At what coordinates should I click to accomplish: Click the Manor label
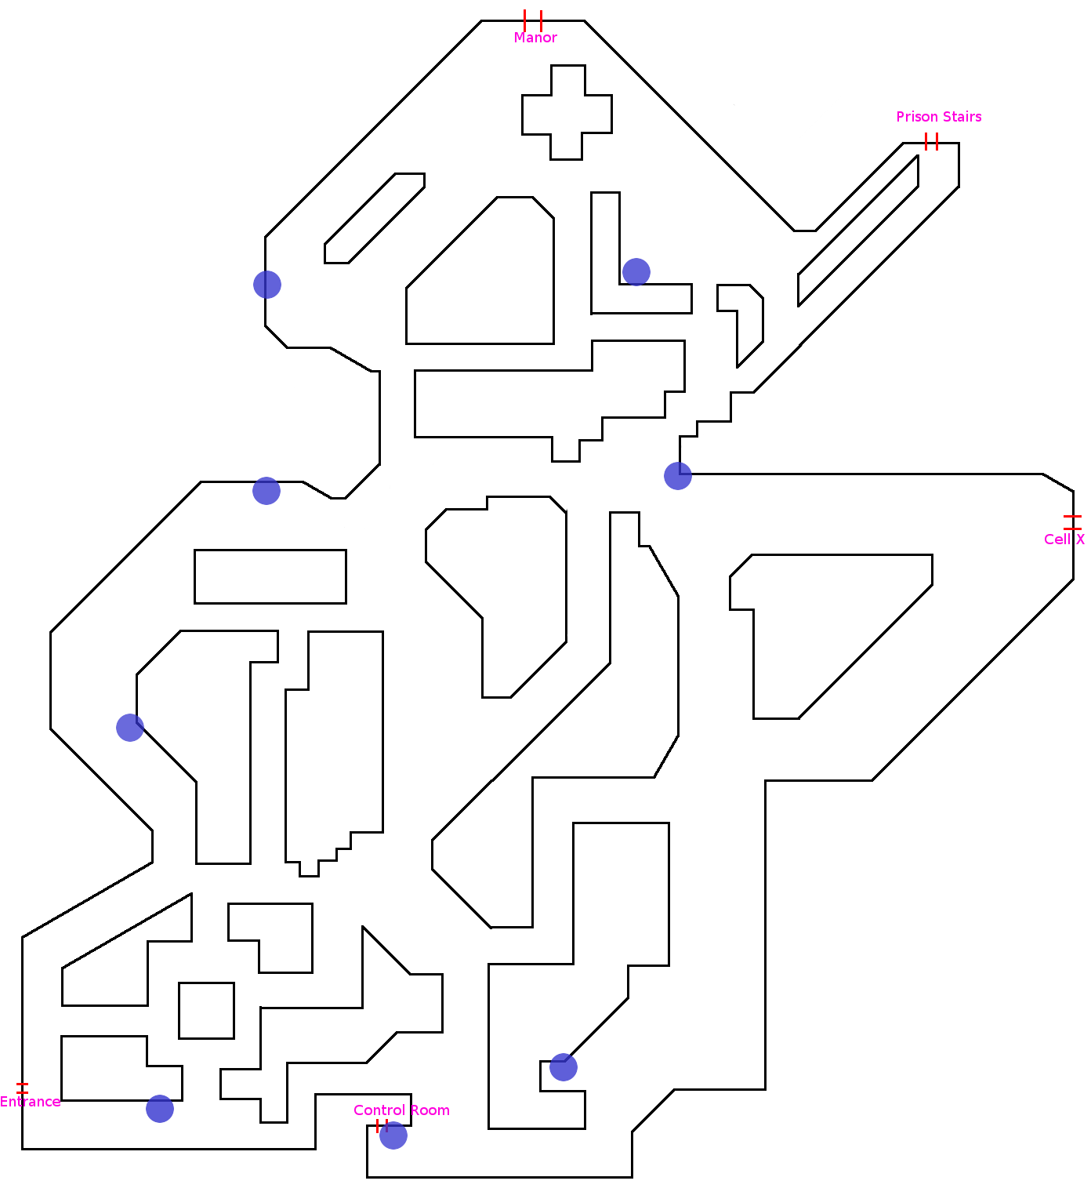(x=535, y=38)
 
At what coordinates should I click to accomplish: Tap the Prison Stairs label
(x=938, y=117)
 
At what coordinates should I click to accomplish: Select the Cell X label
(x=1064, y=540)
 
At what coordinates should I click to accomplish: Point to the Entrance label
(x=30, y=1102)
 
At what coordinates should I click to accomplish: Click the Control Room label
(x=401, y=1110)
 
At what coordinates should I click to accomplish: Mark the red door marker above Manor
(x=533, y=20)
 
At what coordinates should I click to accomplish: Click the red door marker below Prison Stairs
(x=931, y=142)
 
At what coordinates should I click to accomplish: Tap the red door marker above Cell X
(x=1072, y=522)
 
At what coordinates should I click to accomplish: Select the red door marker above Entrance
(x=22, y=1088)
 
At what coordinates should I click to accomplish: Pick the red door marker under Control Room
(x=382, y=1126)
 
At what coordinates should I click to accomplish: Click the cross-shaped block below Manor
(x=567, y=113)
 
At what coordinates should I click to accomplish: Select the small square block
(x=206, y=1010)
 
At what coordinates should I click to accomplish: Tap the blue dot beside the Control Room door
(x=393, y=1135)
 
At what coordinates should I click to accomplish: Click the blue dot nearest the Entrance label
(x=160, y=1109)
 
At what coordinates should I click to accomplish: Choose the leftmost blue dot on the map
(x=130, y=728)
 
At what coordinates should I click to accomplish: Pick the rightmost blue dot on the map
(x=678, y=476)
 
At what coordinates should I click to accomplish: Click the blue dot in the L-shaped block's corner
(x=636, y=272)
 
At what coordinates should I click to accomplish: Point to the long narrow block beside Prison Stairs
(x=858, y=231)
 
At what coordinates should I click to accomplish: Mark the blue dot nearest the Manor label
(x=636, y=272)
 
